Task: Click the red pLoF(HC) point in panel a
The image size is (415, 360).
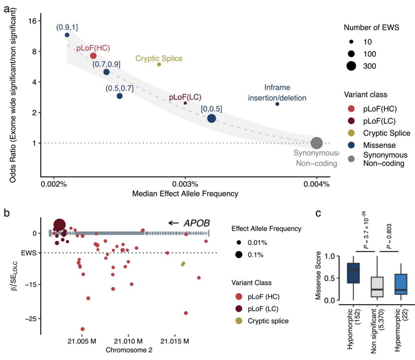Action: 93,56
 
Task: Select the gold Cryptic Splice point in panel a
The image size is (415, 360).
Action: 159,64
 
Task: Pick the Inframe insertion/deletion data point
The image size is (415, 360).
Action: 277,104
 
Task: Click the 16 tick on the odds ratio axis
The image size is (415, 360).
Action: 33,21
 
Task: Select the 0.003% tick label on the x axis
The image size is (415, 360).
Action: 185,185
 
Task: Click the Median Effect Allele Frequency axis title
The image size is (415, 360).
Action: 185,194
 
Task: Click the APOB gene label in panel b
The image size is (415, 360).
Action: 196,223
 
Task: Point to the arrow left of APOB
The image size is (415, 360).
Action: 173,223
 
